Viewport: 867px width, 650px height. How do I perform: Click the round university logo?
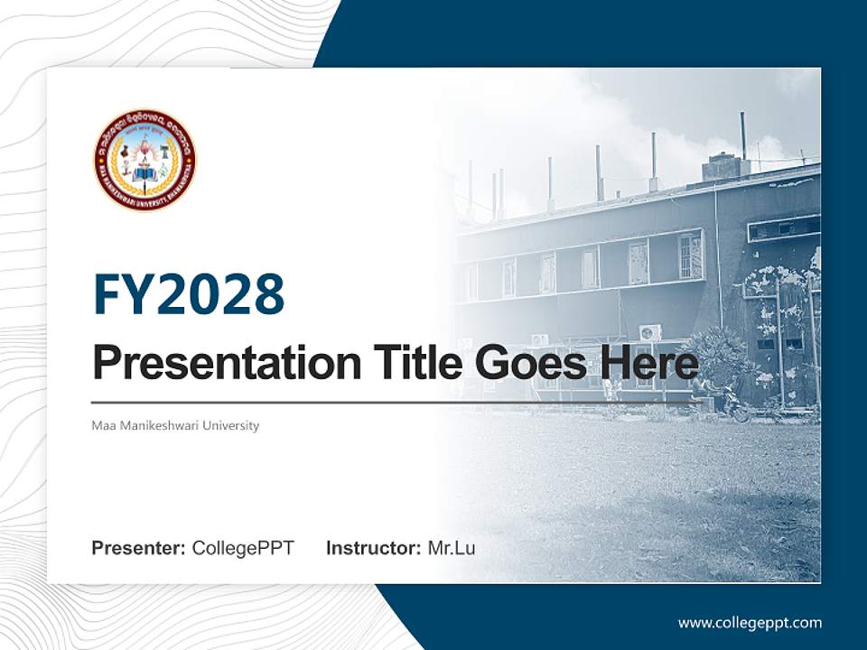(144, 160)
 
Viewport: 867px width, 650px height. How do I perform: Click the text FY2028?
(189, 294)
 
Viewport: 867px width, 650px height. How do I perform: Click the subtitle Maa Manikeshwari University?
(175, 425)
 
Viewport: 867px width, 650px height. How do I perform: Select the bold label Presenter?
(139, 548)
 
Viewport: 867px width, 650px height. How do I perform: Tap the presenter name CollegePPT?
(243, 548)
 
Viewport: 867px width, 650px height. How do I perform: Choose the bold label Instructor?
(373, 548)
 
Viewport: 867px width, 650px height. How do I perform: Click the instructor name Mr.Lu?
(452, 548)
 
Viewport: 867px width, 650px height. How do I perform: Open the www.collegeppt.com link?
(750, 623)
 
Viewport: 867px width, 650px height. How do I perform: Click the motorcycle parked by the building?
(733, 411)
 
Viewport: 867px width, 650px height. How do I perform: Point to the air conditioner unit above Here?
(650, 332)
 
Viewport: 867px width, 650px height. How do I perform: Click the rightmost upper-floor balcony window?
(690, 255)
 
